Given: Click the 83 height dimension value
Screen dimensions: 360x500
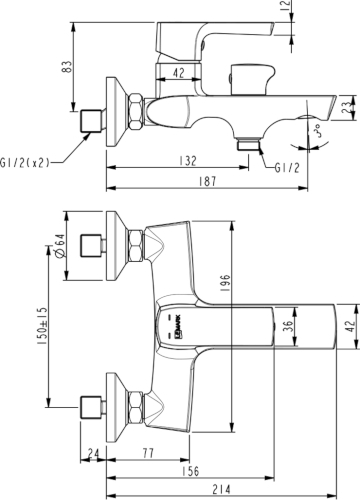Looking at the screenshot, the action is tap(67, 67).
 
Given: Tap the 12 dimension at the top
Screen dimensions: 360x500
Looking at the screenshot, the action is tap(286, 6).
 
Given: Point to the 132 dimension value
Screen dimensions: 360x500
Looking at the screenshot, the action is tap(188, 161).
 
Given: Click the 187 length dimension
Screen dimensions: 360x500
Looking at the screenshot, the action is tap(207, 182).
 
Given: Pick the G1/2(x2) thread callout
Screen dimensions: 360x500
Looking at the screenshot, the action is tap(25, 163).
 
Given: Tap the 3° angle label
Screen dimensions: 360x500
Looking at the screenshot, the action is tap(317, 131).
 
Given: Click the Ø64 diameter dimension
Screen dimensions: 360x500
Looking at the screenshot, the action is tap(59, 246).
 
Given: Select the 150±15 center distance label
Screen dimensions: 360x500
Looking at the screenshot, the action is tap(43, 326).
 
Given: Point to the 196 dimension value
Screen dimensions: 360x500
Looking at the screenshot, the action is tap(226, 283).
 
